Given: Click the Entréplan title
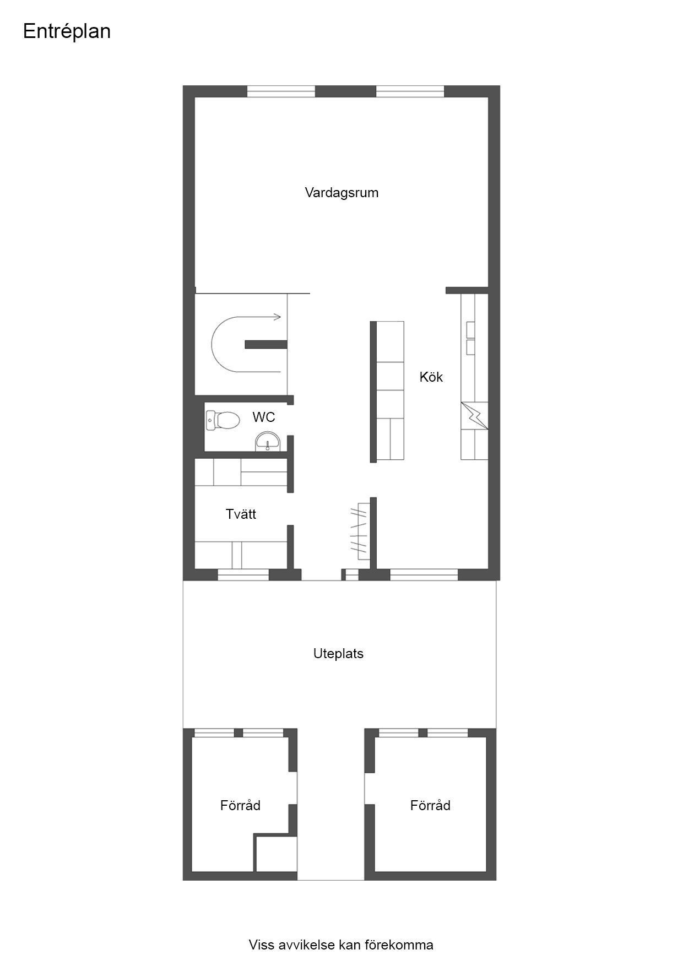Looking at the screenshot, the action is (x=67, y=32).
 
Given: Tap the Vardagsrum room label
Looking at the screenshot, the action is (x=341, y=193).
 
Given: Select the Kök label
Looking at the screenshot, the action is (x=431, y=377).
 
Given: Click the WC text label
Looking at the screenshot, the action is (x=263, y=417).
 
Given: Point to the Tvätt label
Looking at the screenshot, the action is (x=241, y=514).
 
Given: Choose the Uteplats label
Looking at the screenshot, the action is (x=338, y=654).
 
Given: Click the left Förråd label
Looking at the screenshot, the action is (x=240, y=806).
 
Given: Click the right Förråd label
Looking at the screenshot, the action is (x=430, y=806).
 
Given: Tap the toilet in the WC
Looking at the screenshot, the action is (x=223, y=421).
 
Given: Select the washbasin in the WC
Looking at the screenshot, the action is (x=268, y=442).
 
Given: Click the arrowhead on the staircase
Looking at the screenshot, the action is (x=278, y=317).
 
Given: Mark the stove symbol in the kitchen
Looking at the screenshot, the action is (x=474, y=416).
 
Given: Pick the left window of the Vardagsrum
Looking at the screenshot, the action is (x=281, y=91).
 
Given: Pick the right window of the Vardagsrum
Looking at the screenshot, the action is (x=410, y=91).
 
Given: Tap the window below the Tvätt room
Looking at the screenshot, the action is (x=243, y=575).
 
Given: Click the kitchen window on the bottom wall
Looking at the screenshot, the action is (x=424, y=575).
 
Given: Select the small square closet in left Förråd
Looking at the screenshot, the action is (x=276, y=854).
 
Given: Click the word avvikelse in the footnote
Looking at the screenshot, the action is (x=306, y=945).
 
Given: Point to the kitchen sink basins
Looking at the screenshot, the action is (x=471, y=338).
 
